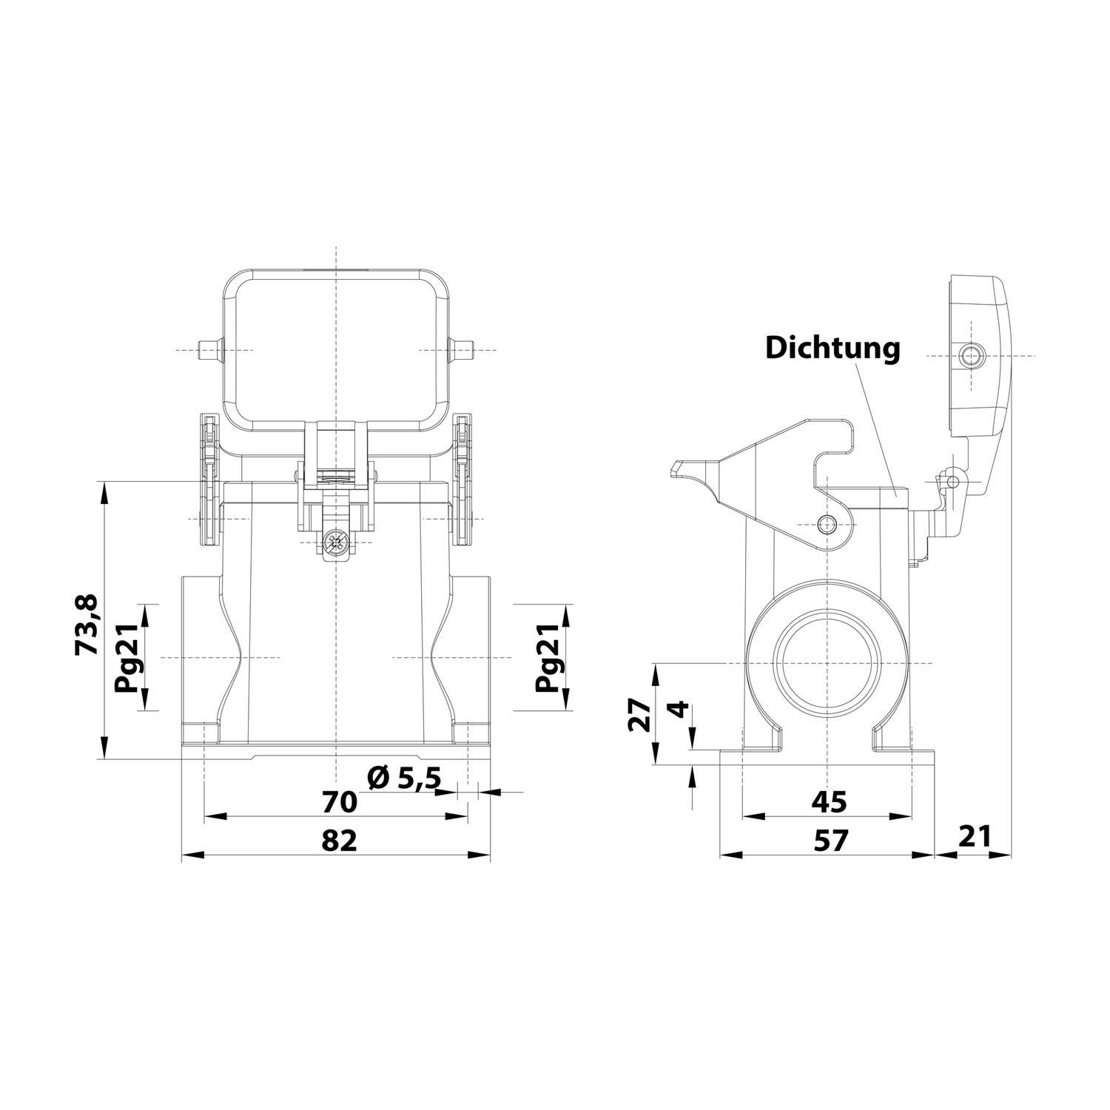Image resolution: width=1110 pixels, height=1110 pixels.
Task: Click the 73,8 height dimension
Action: (87, 625)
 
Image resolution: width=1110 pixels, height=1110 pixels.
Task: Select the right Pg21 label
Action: (549, 656)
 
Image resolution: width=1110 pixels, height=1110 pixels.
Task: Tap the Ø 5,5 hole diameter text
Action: (405, 778)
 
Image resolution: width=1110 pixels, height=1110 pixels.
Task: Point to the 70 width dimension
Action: (340, 801)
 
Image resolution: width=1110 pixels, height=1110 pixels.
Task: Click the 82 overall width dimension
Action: (340, 840)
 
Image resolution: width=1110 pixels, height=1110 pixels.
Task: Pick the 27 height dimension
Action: (641, 715)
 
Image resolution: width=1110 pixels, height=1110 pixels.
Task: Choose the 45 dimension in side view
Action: (828, 801)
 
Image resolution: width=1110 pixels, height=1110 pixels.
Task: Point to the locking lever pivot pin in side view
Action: (827, 525)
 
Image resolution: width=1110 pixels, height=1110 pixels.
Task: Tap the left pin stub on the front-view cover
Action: (210, 349)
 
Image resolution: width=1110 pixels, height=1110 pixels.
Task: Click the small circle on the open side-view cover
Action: (969, 355)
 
